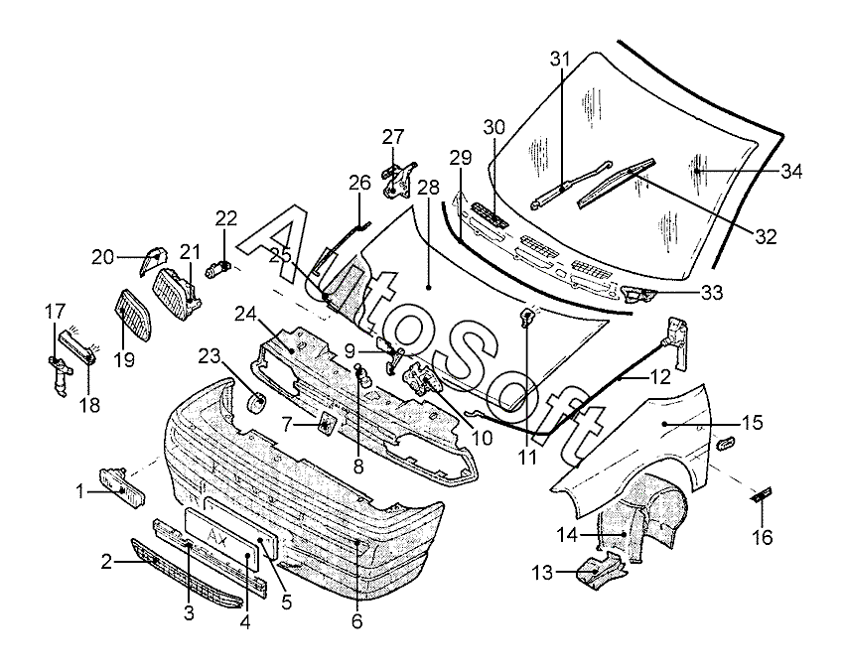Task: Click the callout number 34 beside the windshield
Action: pyautogui.click(x=791, y=172)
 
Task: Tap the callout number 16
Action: pyautogui.click(x=763, y=537)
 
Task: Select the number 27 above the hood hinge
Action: pyautogui.click(x=393, y=137)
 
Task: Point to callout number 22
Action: pyautogui.click(x=226, y=218)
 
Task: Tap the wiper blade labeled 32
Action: pyautogui.click(x=616, y=183)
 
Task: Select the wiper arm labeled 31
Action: pyautogui.click(x=571, y=184)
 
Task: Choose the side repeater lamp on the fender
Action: pyautogui.click(x=726, y=444)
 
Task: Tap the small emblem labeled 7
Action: pyautogui.click(x=328, y=424)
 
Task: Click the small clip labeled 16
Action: pyautogui.click(x=762, y=494)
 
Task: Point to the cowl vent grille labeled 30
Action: pyautogui.click(x=490, y=215)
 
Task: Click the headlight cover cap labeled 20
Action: pyautogui.click(x=153, y=260)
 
